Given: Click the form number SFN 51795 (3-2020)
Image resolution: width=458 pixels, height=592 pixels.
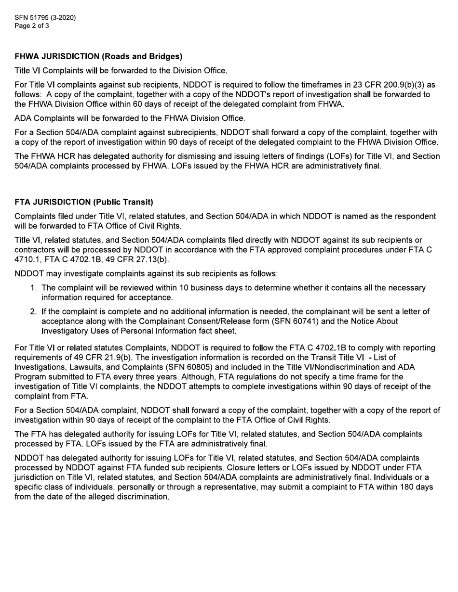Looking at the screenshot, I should (x=45, y=18).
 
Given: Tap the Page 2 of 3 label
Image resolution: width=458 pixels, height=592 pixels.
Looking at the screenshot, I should (x=32, y=26).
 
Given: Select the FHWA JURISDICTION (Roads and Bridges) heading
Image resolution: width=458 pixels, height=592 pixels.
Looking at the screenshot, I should (x=98, y=56).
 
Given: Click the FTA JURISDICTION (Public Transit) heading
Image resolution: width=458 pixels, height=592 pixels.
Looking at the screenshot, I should (x=84, y=202).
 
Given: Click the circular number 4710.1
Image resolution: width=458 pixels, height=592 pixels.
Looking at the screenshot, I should (x=27, y=259).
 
